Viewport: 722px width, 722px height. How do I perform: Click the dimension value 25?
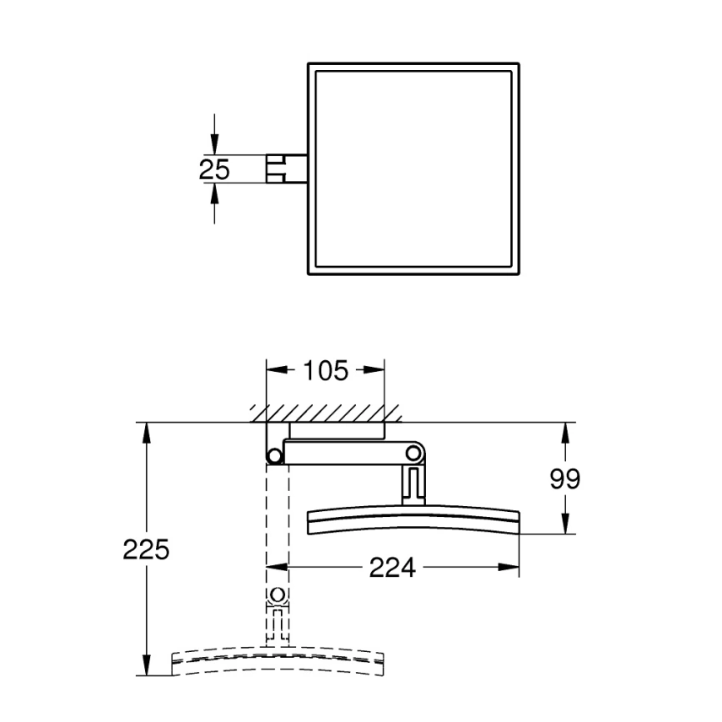tap(214, 169)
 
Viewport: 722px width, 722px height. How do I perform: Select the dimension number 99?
tap(565, 479)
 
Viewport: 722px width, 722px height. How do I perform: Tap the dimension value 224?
tap(392, 568)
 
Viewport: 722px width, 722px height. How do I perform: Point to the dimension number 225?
tap(146, 549)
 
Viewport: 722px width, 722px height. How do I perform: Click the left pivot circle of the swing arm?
tap(274, 454)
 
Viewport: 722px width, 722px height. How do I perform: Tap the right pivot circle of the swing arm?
tap(413, 453)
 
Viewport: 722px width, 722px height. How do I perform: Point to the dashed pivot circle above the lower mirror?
tap(278, 596)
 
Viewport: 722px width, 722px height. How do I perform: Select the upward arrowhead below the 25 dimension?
tap(214, 193)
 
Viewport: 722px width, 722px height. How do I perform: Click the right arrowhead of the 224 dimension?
tap(511, 568)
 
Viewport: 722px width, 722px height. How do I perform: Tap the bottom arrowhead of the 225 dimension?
tap(147, 666)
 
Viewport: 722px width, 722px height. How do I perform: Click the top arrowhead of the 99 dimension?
tap(566, 433)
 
